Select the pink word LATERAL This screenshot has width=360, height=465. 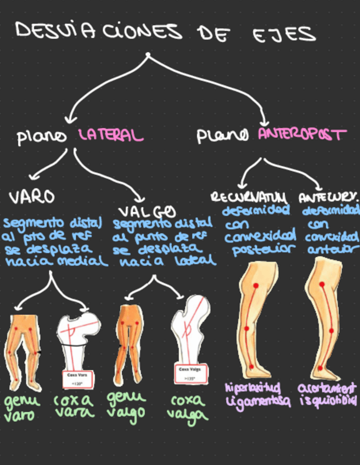coord(111,135)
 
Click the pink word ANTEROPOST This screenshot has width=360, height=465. coord(302,134)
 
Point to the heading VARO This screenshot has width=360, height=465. coord(31,196)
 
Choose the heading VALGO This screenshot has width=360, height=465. coord(147,211)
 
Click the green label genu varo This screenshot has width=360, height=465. coord(22,409)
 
